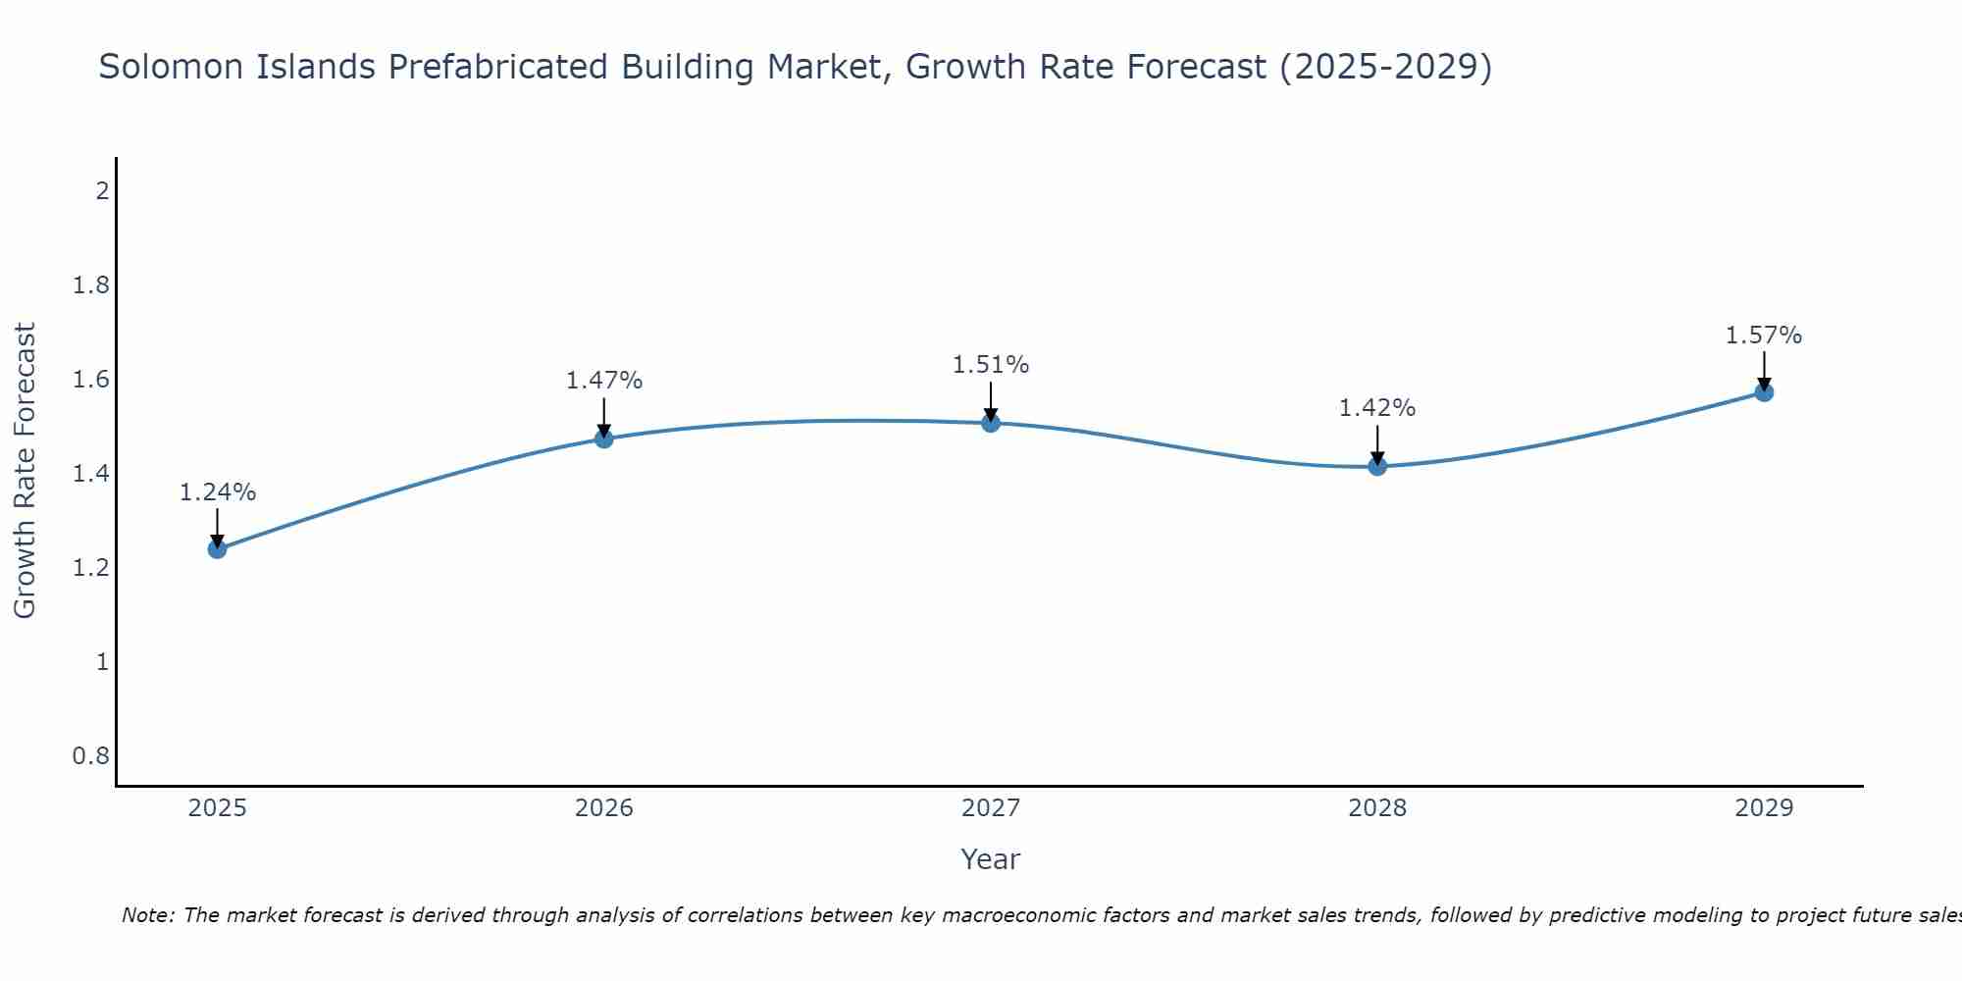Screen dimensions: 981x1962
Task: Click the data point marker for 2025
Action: coord(218,548)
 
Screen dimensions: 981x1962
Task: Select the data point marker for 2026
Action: coord(604,439)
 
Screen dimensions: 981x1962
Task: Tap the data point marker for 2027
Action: coord(991,423)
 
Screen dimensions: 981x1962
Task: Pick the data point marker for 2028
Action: coord(1377,466)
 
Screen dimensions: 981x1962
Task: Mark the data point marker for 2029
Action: coord(1764,392)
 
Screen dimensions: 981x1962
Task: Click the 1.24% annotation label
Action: coord(218,492)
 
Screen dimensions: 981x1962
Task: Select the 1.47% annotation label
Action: coord(604,381)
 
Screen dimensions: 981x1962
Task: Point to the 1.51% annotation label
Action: coord(991,365)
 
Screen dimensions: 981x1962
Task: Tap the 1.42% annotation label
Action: coord(1377,408)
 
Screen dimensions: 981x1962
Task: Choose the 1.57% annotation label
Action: coord(1764,336)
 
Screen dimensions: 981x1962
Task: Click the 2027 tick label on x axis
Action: coord(991,808)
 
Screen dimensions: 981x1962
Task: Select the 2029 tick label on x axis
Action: coord(1764,808)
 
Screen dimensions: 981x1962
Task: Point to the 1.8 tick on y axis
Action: coord(91,285)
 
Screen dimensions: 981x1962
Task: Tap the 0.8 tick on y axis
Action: coord(91,756)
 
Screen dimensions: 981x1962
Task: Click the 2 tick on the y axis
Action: coord(102,191)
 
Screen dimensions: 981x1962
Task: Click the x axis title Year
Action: coord(991,859)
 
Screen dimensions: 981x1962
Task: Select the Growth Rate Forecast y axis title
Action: coord(26,471)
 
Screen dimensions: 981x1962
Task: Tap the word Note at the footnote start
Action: coord(147,915)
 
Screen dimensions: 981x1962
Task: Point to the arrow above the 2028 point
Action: coord(1377,444)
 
